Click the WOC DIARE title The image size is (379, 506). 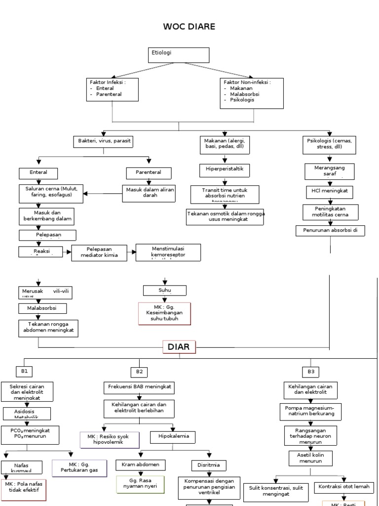click(189, 26)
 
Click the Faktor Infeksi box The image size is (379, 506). click(112, 89)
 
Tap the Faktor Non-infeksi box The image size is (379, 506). click(252, 93)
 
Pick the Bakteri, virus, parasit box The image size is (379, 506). click(103, 141)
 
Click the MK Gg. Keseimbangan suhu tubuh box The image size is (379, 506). click(164, 313)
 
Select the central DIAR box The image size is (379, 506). click(179, 347)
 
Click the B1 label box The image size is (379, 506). click(25, 371)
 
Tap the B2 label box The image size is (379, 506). click(139, 372)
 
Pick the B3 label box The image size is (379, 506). click(310, 371)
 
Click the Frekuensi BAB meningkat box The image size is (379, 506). click(139, 386)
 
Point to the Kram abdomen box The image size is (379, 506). click(141, 464)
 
